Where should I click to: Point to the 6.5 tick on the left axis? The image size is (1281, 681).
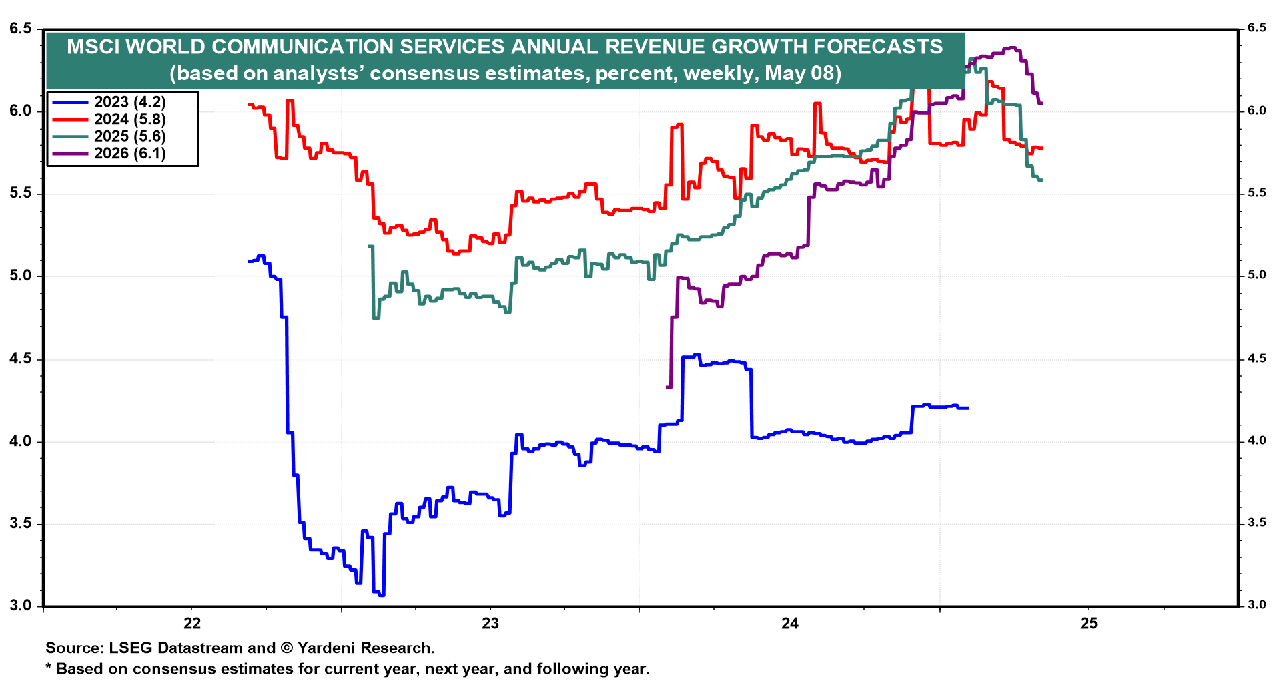pos(21,29)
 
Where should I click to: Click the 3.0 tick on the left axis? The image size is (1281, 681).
pos(21,606)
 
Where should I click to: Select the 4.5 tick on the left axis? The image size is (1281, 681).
pos(21,359)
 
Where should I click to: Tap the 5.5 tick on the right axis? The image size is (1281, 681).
pos(1257,193)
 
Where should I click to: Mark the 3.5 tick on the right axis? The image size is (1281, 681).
pos(1257,523)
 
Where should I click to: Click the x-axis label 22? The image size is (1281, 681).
pos(192,624)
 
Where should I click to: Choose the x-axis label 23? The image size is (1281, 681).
pos(490,624)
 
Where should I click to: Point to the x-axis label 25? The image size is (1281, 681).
pos(1088,624)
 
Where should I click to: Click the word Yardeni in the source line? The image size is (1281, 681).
pos(330,648)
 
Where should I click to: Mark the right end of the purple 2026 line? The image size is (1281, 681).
pos(1041,103)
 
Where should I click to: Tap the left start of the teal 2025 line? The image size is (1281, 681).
pos(369,246)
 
